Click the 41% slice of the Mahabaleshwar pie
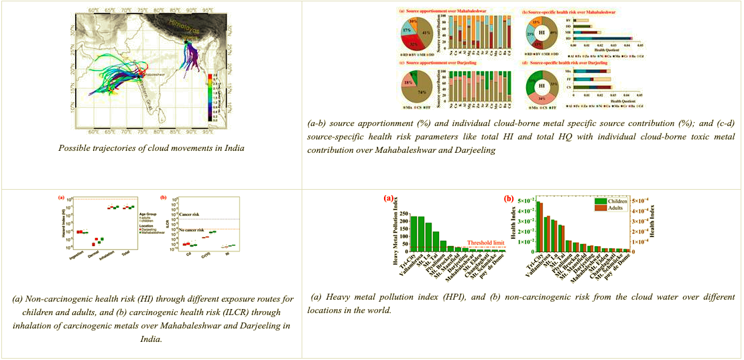click(427, 32)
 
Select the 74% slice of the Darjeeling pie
click(421, 90)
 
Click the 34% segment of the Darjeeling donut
click(541, 100)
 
